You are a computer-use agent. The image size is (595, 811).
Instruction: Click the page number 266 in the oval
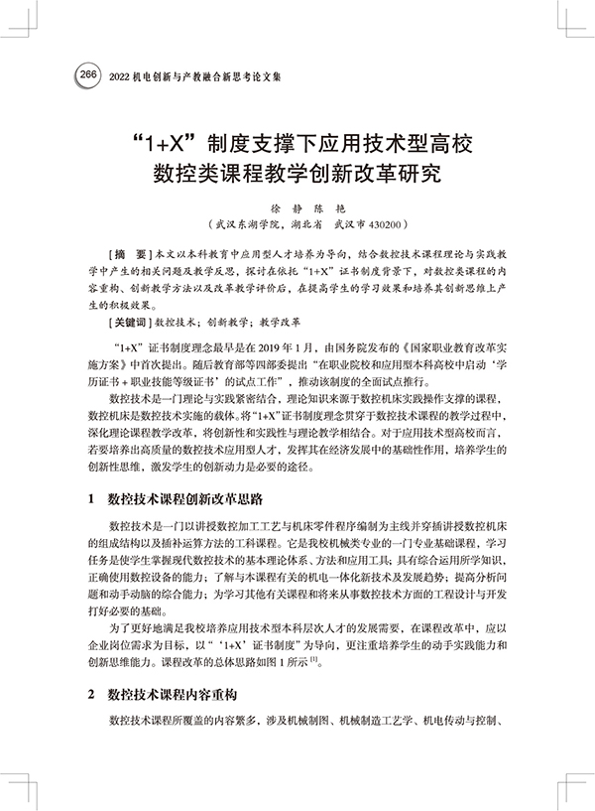click(x=86, y=75)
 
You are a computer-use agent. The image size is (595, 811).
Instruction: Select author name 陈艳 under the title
click(x=325, y=210)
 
